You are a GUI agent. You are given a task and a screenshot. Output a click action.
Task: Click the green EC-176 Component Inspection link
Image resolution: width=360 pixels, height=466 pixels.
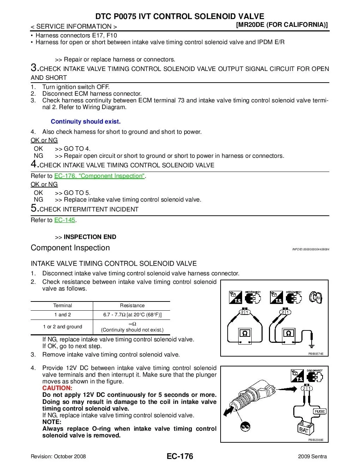[x=99, y=176]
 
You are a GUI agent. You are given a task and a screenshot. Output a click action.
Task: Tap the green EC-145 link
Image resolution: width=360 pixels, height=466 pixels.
[x=65, y=220]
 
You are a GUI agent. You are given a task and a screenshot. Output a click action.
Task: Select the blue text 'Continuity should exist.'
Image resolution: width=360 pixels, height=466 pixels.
[x=85, y=121]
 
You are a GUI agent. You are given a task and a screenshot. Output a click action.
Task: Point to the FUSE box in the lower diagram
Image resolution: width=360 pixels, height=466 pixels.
[x=319, y=411]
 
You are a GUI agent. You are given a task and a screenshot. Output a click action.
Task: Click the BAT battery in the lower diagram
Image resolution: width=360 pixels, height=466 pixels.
[x=304, y=429]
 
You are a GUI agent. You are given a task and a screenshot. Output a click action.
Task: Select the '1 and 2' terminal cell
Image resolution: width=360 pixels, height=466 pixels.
[x=62, y=315]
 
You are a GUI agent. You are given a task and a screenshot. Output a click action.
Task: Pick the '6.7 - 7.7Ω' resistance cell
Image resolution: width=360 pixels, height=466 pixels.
[x=132, y=315]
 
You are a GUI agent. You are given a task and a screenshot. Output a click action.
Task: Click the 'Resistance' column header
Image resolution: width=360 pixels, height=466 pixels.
[x=132, y=306]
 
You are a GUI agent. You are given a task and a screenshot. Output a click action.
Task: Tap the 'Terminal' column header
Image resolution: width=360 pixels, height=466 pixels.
[x=62, y=306]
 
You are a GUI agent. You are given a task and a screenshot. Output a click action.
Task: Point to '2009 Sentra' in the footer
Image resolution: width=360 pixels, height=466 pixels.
[x=312, y=456]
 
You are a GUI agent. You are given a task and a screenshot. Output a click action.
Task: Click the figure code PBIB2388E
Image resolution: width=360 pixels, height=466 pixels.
[x=316, y=440]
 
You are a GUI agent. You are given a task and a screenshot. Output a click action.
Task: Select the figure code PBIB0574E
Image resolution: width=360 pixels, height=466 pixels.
[x=316, y=354]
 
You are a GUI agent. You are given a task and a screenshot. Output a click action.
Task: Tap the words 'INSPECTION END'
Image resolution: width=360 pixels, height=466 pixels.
[x=90, y=237]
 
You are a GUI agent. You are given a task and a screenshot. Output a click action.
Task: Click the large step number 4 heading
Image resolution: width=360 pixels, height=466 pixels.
[x=34, y=164]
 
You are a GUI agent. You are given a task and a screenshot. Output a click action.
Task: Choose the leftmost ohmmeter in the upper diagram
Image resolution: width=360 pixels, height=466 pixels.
[x=245, y=334]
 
